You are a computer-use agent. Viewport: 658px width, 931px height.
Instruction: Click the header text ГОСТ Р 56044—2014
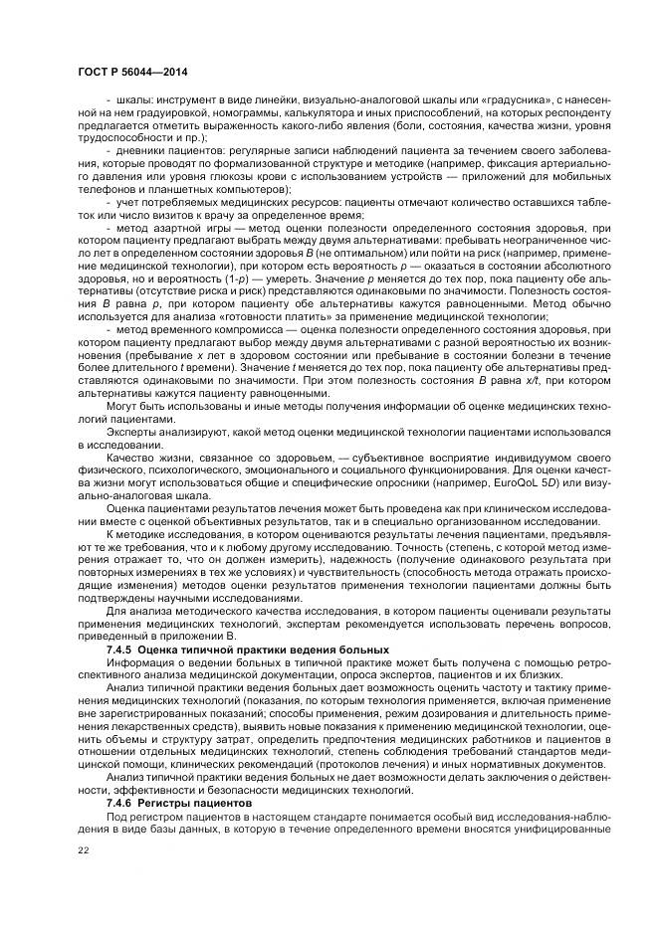(132, 73)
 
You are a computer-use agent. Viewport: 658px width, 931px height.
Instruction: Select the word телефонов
(108, 189)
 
